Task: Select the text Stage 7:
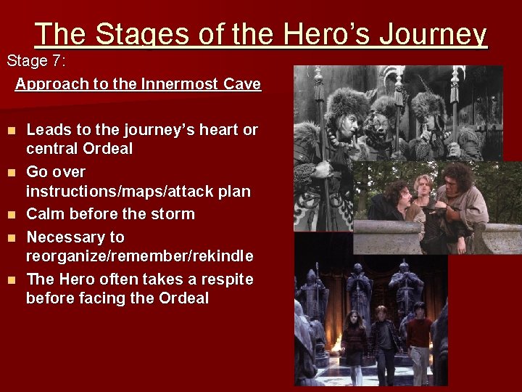(36, 61)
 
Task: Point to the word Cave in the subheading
(242, 84)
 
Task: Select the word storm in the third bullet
(174, 214)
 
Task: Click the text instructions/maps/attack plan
(138, 192)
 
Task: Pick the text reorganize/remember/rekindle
(139, 256)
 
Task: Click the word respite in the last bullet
(226, 279)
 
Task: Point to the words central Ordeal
(79, 149)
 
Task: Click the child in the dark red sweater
(418, 341)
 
